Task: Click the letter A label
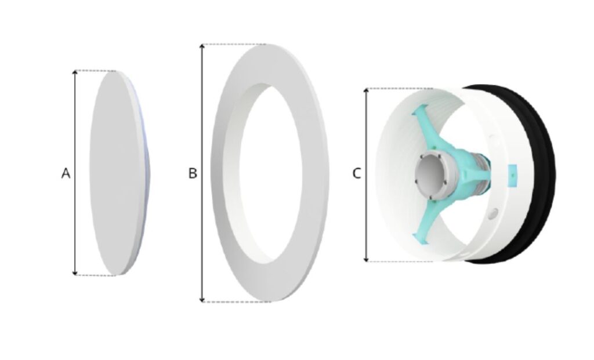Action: pyautogui.click(x=66, y=173)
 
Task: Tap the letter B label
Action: pyautogui.click(x=193, y=173)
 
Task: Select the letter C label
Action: pyautogui.click(x=357, y=173)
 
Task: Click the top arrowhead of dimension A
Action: pyautogui.click(x=75, y=72)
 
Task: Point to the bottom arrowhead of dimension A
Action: pyautogui.click(x=75, y=273)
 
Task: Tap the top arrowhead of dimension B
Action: pyautogui.click(x=202, y=46)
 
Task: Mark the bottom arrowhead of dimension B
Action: pyautogui.click(x=202, y=300)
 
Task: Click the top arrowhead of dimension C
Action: pyautogui.click(x=367, y=90)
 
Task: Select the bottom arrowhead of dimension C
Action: pyautogui.click(x=367, y=259)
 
